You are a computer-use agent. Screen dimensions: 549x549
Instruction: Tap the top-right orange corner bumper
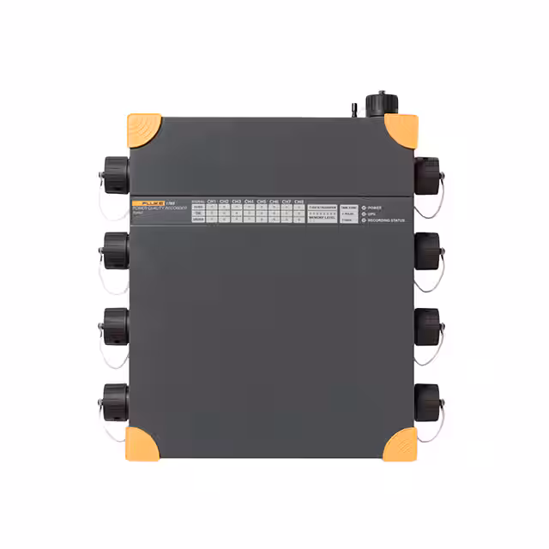(401, 130)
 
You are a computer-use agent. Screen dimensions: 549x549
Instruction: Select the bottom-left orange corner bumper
(143, 443)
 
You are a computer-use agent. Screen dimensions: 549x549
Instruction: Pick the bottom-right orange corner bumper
(401, 443)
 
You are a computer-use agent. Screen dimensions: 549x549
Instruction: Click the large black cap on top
(382, 104)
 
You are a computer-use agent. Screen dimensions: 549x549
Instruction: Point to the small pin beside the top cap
(353, 111)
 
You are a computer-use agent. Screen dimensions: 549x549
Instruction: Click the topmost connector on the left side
(115, 176)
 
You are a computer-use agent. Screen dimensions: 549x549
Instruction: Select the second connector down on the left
(115, 250)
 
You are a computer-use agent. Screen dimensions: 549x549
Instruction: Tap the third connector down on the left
(115, 327)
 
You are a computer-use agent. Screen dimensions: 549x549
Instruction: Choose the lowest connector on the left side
(115, 401)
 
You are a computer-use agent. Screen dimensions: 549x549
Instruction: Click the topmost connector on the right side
(428, 175)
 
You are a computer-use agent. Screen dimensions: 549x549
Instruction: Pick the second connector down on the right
(428, 250)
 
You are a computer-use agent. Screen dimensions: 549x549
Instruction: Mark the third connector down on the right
(428, 327)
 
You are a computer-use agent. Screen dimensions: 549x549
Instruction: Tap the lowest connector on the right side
(428, 401)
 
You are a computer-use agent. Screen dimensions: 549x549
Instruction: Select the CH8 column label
(299, 201)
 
